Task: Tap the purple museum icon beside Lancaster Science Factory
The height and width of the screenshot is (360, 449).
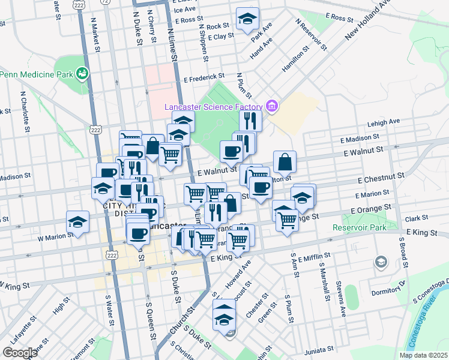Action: point(271,107)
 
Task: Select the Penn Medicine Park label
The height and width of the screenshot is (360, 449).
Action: point(36,74)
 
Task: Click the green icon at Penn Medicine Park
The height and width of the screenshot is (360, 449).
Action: point(82,74)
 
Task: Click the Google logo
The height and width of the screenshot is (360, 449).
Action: point(20,353)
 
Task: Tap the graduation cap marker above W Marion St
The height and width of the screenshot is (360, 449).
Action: point(77,221)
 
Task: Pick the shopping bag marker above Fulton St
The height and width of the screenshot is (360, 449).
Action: point(285,161)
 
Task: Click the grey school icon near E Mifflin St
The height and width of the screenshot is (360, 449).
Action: point(381,262)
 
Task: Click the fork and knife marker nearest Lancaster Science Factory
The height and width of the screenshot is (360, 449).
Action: point(250,121)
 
